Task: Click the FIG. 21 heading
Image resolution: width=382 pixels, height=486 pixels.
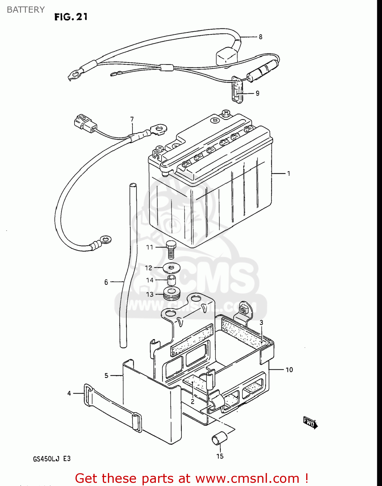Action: click(x=71, y=17)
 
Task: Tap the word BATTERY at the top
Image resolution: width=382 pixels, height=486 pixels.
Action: click(x=26, y=10)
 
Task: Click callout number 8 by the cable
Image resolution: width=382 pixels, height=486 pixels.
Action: click(x=260, y=37)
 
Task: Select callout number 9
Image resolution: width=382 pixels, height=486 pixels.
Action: click(x=257, y=93)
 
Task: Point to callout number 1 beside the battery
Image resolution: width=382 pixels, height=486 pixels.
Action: click(x=288, y=174)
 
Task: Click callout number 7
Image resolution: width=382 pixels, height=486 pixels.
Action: click(x=132, y=119)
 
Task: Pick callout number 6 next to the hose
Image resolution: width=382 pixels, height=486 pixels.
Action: click(x=106, y=282)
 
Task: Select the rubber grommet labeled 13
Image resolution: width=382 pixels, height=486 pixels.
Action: click(x=172, y=293)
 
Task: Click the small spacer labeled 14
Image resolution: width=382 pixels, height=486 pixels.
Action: click(x=171, y=280)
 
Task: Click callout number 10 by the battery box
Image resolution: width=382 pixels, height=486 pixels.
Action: click(x=289, y=370)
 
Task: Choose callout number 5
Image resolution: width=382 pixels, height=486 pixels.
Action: click(x=106, y=376)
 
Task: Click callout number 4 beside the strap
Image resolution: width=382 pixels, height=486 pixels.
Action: click(x=69, y=393)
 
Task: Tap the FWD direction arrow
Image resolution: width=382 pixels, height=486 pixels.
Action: click(x=310, y=422)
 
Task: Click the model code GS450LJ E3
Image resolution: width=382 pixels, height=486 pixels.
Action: click(x=52, y=459)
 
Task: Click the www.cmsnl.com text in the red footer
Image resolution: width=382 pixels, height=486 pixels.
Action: click(x=247, y=479)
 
